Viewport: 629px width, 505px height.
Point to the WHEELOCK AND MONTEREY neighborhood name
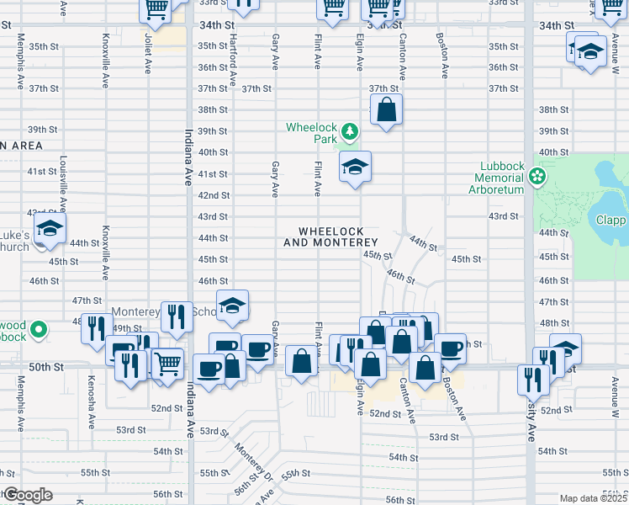(336, 237)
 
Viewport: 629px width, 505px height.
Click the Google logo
(27, 495)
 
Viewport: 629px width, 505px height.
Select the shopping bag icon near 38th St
(386, 109)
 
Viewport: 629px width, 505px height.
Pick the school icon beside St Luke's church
(50, 230)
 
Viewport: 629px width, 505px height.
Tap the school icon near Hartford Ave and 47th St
(232, 306)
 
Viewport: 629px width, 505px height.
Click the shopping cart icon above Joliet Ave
(156, 9)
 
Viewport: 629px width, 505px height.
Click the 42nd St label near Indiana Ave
(213, 195)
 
